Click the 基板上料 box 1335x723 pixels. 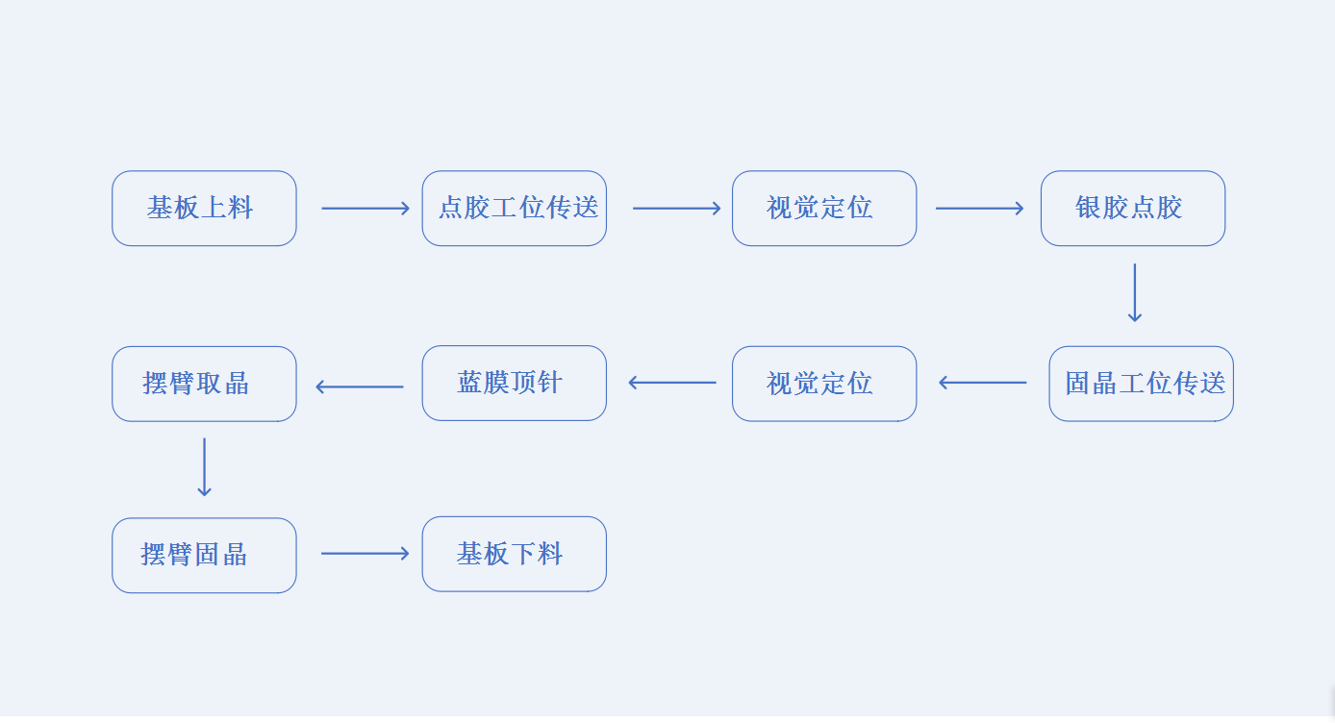pyautogui.click(x=204, y=209)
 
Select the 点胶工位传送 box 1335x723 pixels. pyautogui.click(x=514, y=209)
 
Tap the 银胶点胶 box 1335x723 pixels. pyautogui.click(x=1132, y=209)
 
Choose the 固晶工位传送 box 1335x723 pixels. pyautogui.click(x=1141, y=384)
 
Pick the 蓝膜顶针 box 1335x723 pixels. pyautogui.click(x=514, y=384)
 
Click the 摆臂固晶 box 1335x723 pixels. pyautogui.click(x=204, y=556)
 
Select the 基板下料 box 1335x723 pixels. pyautogui.click(x=514, y=555)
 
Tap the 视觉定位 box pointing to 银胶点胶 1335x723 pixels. pyautogui.click(x=823, y=209)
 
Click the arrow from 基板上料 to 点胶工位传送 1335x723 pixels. pyautogui.click(x=365, y=209)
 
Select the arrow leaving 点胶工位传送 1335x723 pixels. pyautogui.click(x=676, y=209)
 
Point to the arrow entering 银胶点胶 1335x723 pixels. pyautogui.click(x=979, y=209)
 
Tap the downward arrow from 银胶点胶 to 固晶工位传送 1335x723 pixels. pyautogui.click(x=1134, y=293)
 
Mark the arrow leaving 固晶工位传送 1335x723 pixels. pyautogui.click(x=983, y=383)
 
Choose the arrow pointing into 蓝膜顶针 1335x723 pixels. pyautogui.click(x=672, y=383)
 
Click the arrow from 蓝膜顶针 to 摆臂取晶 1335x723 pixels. pyautogui.click(x=360, y=387)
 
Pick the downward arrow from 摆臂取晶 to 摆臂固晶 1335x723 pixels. pyautogui.click(x=204, y=467)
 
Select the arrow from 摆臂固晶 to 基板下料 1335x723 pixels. pyautogui.click(x=365, y=554)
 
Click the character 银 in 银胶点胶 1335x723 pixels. pyautogui.click(x=1088, y=208)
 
